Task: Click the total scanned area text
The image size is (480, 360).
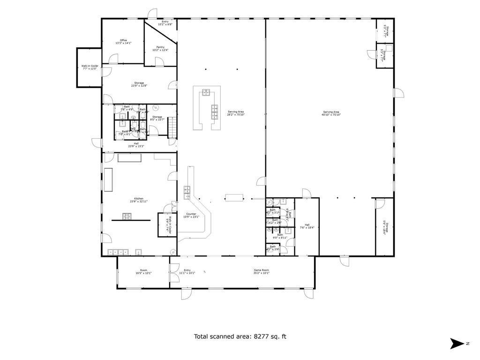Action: coord(240,336)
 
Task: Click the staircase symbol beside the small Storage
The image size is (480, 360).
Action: coord(172,127)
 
